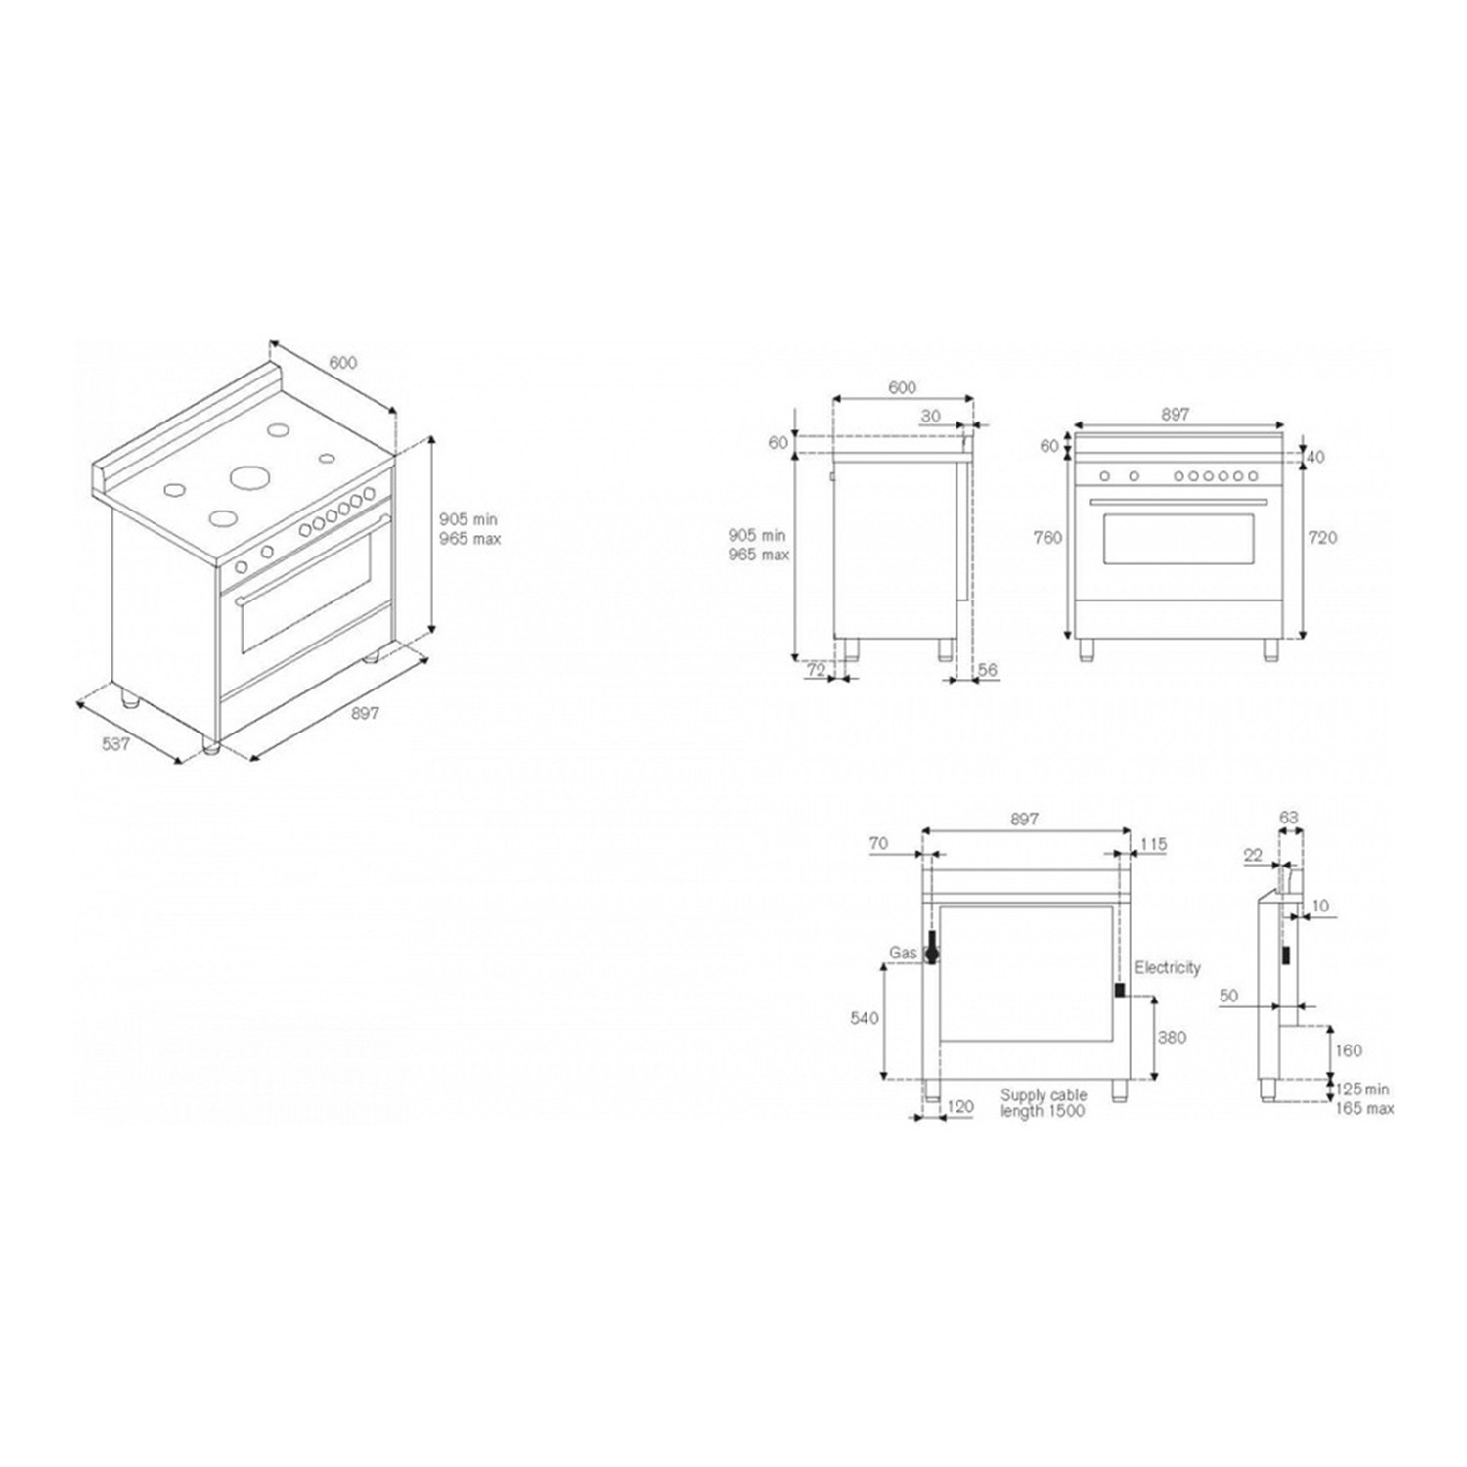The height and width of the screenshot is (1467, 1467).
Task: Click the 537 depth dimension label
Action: tap(115, 744)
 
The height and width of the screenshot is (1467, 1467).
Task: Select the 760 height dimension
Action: tap(1047, 537)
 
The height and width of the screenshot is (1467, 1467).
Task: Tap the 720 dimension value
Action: tap(1322, 537)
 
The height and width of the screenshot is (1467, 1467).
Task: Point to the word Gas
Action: tap(903, 953)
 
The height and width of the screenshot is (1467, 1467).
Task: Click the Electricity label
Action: tap(1168, 967)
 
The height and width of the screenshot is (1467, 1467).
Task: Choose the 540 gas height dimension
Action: tap(865, 1018)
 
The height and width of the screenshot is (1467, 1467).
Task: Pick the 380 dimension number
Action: tap(1172, 1037)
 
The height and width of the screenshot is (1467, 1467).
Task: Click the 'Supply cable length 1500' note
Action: tap(1043, 1103)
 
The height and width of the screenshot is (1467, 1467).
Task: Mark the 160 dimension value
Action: tap(1348, 1050)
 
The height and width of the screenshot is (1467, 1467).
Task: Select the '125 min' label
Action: tap(1362, 1089)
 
